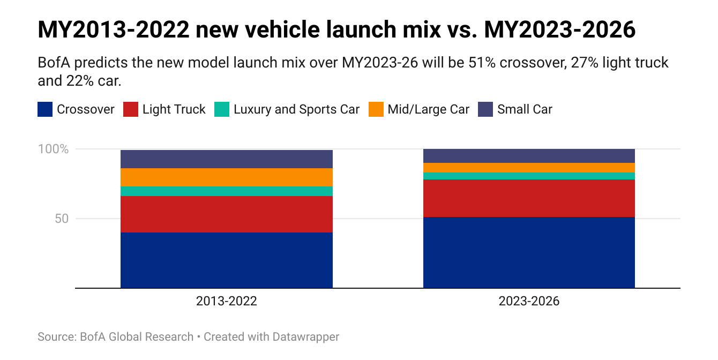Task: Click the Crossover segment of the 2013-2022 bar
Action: (226, 260)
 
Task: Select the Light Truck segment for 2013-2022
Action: (226, 214)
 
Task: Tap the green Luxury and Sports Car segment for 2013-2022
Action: (226, 191)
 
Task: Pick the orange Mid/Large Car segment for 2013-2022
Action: (226, 177)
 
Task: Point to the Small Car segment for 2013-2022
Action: (226, 159)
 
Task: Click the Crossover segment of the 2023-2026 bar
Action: (529, 252)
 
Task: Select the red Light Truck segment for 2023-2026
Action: (529, 198)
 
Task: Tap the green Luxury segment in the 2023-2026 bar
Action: (529, 176)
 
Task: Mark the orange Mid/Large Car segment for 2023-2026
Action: (529, 168)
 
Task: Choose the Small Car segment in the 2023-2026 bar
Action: (529, 156)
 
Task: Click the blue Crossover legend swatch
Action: (45, 110)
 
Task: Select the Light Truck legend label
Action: (174, 110)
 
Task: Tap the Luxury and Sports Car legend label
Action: (296, 110)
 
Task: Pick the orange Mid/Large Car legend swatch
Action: (377, 110)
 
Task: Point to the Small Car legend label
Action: (525, 110)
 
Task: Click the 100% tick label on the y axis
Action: (53, 149)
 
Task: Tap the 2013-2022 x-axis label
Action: (226, 301)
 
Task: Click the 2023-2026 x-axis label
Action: (529, 301)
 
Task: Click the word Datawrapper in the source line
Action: (305, 337)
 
